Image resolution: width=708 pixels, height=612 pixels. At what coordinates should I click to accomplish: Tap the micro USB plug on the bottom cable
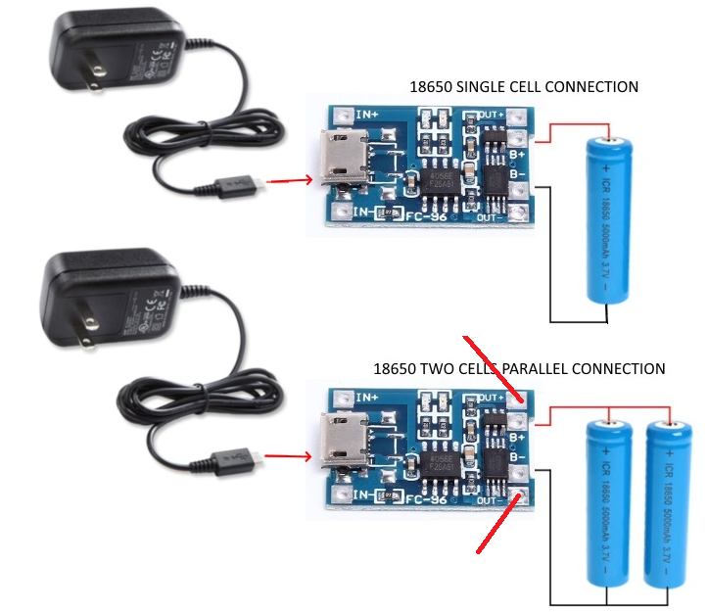(235, 457)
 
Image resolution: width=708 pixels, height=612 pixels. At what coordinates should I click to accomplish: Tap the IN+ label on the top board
(366, 115)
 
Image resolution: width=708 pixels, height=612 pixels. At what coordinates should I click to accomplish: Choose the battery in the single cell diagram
(609, 218)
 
